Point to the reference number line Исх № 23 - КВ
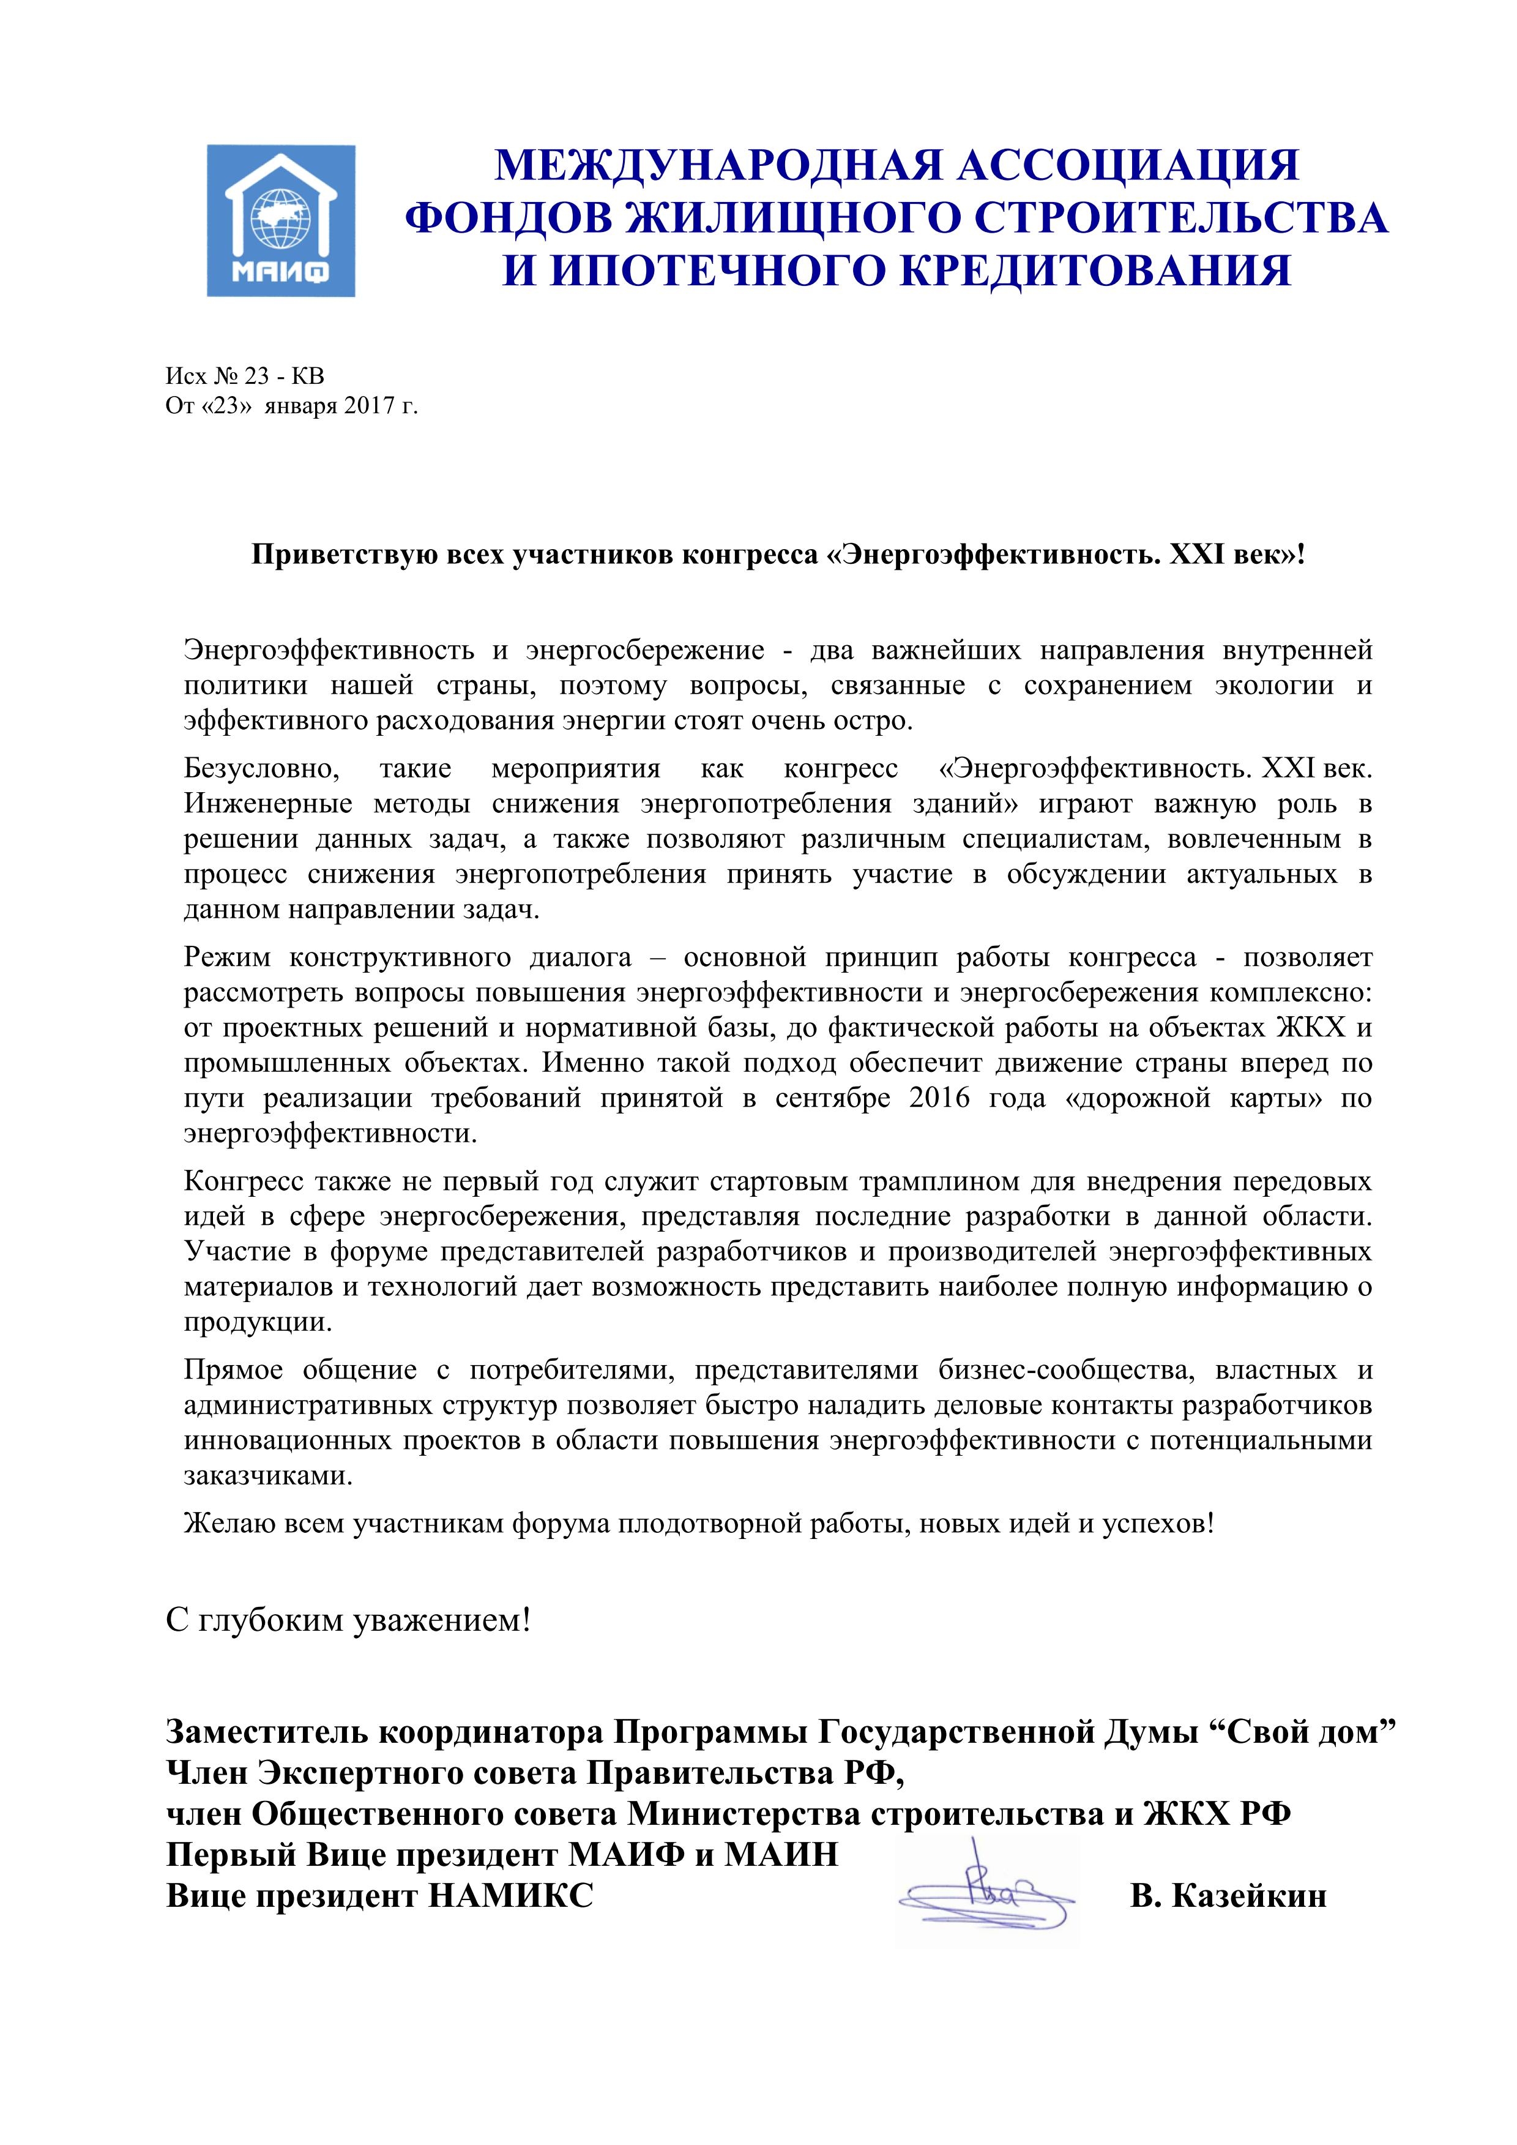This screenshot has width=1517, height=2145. click(x=245, y=376)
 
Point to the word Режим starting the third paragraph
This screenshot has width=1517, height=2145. click(x=224, y=957)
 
